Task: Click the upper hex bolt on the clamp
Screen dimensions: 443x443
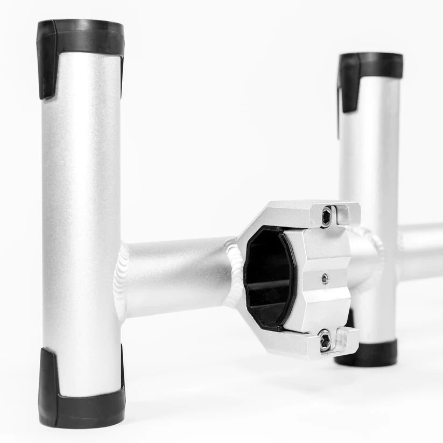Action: click(327, 216)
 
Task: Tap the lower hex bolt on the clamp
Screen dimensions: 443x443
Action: click(325, 340)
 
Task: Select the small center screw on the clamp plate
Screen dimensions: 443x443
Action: click(324, 278)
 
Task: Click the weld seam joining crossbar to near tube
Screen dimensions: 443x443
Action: click(122, 280)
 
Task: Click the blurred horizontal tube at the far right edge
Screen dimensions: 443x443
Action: click(423, 250)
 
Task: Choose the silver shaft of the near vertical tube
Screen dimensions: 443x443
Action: click(81, 215)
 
